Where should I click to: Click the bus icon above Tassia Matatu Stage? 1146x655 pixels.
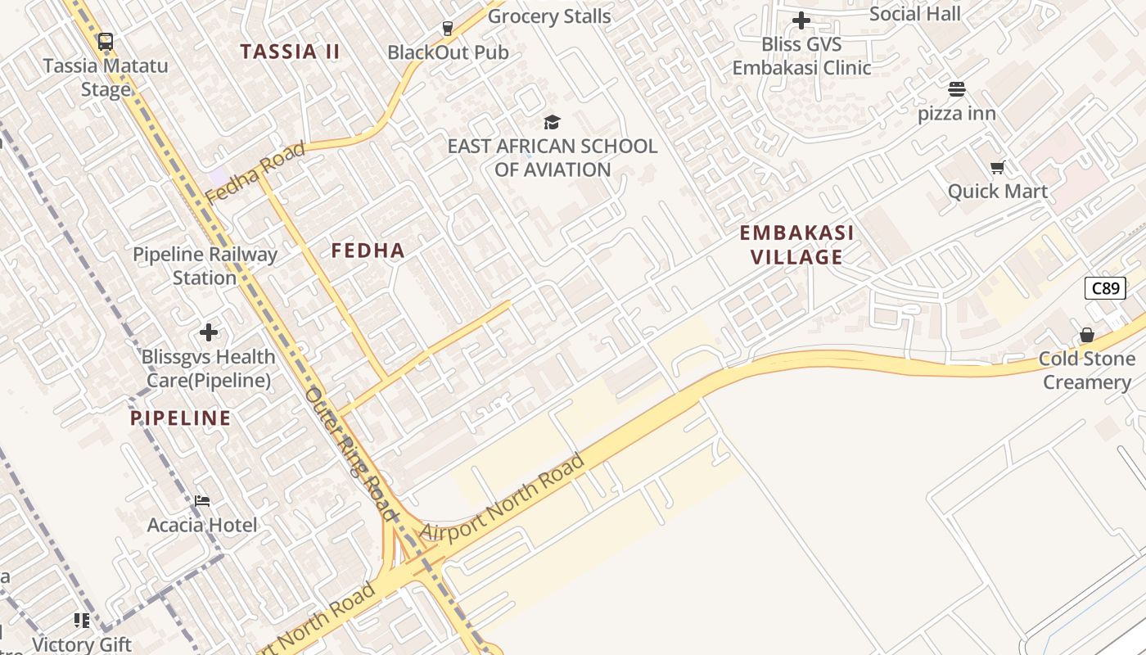click(x=105, y=42)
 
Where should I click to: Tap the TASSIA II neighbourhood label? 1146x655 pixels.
click(x=290, y=52)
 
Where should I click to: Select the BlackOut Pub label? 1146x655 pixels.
click(x=448, y=52)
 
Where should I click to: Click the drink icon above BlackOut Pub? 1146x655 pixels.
click(x=447, y=29)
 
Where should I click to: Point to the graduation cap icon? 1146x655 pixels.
click(x=552, y=123)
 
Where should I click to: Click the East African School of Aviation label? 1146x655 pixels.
click(x=552, y=158)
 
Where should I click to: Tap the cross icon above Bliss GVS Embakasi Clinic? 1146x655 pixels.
click(x=801, y=20)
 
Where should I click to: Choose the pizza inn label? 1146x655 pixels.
click(x=956, y=113)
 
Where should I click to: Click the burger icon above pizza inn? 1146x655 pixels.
click(x=956, y=89)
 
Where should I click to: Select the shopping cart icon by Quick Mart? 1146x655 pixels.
click(x=997, y=168)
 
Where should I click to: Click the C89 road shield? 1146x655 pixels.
click(x=1105, y=288)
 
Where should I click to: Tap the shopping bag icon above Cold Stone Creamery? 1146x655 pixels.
click(x=1086, y=335)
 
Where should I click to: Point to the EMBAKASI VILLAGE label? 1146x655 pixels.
click(x=796, y=245)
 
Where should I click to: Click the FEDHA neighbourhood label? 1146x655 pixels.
click(x=368, y=251)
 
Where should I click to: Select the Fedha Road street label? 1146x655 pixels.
click(x=255, y=173)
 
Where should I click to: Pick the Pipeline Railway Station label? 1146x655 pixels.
click(x=205, y=266)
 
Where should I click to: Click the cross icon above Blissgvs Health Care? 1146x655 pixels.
click(x=209, y=332)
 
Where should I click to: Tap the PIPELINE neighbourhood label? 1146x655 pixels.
click(x=180, y=418)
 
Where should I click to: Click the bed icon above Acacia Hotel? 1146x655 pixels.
click(x=202, y=500)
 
